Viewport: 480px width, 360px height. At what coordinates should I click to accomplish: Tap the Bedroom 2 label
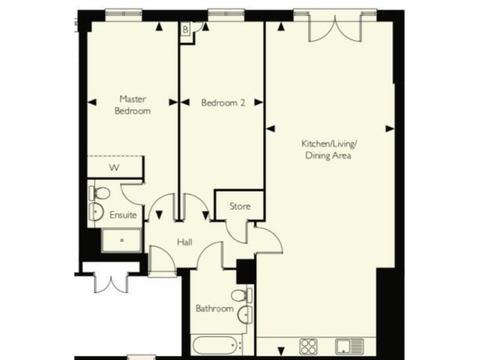tap(222, 103)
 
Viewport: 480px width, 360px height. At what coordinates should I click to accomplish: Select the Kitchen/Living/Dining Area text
tap(328, 149)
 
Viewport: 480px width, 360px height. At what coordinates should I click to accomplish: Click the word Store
tap(239, 206)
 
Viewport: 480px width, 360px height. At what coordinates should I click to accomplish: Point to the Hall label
tap(184, 242)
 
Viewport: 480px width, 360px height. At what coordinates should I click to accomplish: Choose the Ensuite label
tap(122, 214)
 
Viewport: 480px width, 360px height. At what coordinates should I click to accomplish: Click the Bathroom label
tap(214, 308)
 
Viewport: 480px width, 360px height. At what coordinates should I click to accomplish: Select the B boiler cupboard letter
tap(186, 29)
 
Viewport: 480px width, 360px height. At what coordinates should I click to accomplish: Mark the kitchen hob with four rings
tap(309, 346)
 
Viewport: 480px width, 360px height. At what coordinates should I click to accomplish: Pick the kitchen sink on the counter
tap(349, 346)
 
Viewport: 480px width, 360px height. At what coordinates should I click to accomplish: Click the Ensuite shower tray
tap(122, 239)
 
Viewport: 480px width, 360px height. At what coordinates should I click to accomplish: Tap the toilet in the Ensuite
tap(100, 193)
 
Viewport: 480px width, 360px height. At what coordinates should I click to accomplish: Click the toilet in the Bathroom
tap(239, 295)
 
